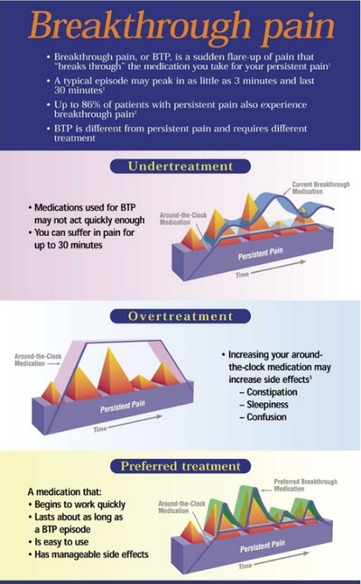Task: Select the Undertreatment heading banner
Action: [180, 166]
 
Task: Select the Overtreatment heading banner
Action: [180, 317]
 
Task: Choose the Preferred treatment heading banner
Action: [180, 466]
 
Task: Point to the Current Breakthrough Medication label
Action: [321, 188]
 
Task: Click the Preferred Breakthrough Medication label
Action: [305, 485]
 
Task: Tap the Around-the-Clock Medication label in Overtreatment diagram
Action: [38, 360]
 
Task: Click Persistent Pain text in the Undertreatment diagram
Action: [261, 254]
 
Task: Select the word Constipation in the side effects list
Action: [272, 392]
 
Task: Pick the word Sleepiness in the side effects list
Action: [267, 404]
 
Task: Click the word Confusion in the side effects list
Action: [266, 417]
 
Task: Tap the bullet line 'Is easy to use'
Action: [58, 542]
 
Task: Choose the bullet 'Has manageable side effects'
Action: [88, 554]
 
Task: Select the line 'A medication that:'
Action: [64, 492]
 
